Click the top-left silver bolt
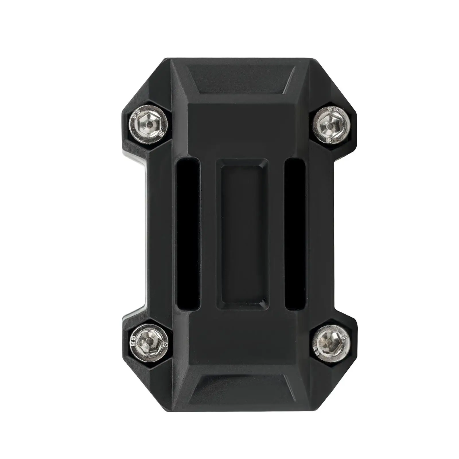tap(148, 123)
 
